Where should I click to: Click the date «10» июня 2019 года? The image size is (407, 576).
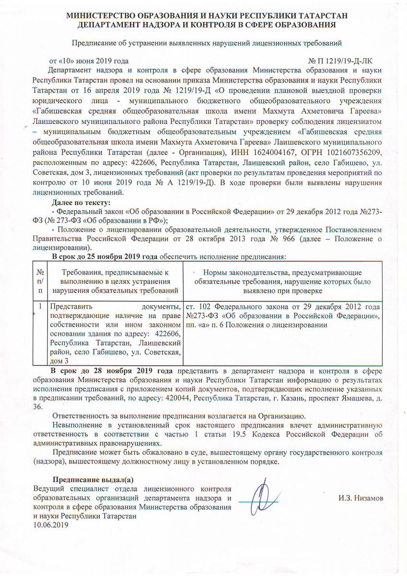point(89,61)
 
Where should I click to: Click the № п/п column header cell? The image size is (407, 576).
point(40,281)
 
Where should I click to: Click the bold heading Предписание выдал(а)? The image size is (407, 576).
point(93,480)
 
